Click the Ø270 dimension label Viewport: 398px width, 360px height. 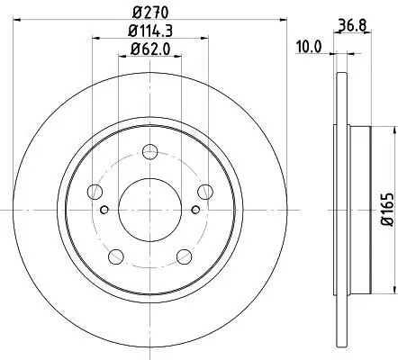[149, 13]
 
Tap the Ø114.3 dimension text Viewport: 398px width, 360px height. [149, 35]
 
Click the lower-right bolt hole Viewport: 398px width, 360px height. [184, 255]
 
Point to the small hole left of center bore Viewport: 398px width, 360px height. [105, 211]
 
